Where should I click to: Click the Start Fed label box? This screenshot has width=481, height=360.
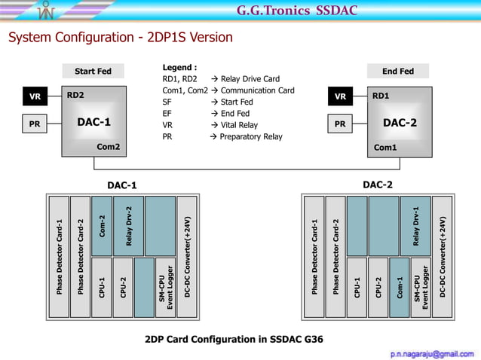(x=93, y=72)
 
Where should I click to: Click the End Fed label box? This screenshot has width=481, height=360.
(x=397, y=72)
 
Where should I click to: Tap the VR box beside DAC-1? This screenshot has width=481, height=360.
(x=35, y=97)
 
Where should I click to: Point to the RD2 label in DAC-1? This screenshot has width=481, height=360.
(x=75, y=96)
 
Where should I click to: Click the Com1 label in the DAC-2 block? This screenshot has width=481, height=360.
(x=385, y=148)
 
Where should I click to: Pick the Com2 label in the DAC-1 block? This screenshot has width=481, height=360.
(x=108, y=146)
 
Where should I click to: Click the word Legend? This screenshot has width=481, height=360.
(x=179, y=67)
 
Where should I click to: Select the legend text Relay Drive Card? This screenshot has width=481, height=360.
(x=250, y=78)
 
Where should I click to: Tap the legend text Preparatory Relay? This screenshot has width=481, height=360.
(x=250, y=137)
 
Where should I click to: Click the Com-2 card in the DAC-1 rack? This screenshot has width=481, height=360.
(x=102, y=225)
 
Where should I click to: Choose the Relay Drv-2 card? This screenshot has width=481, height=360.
(x=128, y=225)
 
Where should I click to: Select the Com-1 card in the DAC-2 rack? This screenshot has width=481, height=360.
(x=400, y=287)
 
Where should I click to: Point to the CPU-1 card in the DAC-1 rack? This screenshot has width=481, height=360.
(x=101, y=287)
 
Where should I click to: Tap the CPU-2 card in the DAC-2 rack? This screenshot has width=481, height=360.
(x=378, y=287)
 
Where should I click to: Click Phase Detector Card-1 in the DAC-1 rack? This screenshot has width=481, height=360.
(x=58, y=257)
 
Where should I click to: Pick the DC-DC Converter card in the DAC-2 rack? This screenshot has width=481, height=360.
(x=443, y=257)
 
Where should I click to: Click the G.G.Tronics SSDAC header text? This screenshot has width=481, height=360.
(x=296, y=11)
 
